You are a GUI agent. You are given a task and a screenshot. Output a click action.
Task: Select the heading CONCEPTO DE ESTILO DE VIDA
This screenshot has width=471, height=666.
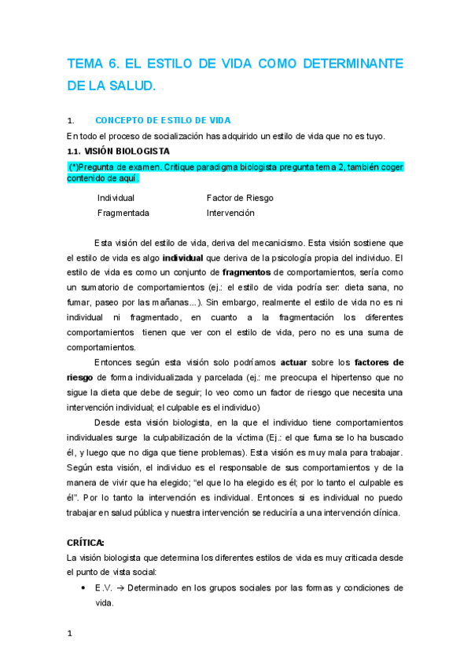tap(162, 121)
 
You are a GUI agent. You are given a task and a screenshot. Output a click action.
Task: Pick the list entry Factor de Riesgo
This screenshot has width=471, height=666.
tap(240, 198)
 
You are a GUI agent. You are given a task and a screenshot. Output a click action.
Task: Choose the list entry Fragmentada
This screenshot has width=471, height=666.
tap(123, 213)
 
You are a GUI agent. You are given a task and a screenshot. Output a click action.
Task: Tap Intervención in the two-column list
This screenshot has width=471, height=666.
tap(230, 213)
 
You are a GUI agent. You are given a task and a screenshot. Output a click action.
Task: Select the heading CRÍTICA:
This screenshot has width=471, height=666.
tap(86, 543)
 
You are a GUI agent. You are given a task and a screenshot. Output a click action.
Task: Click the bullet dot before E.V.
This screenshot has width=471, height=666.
tap(83, 588)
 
